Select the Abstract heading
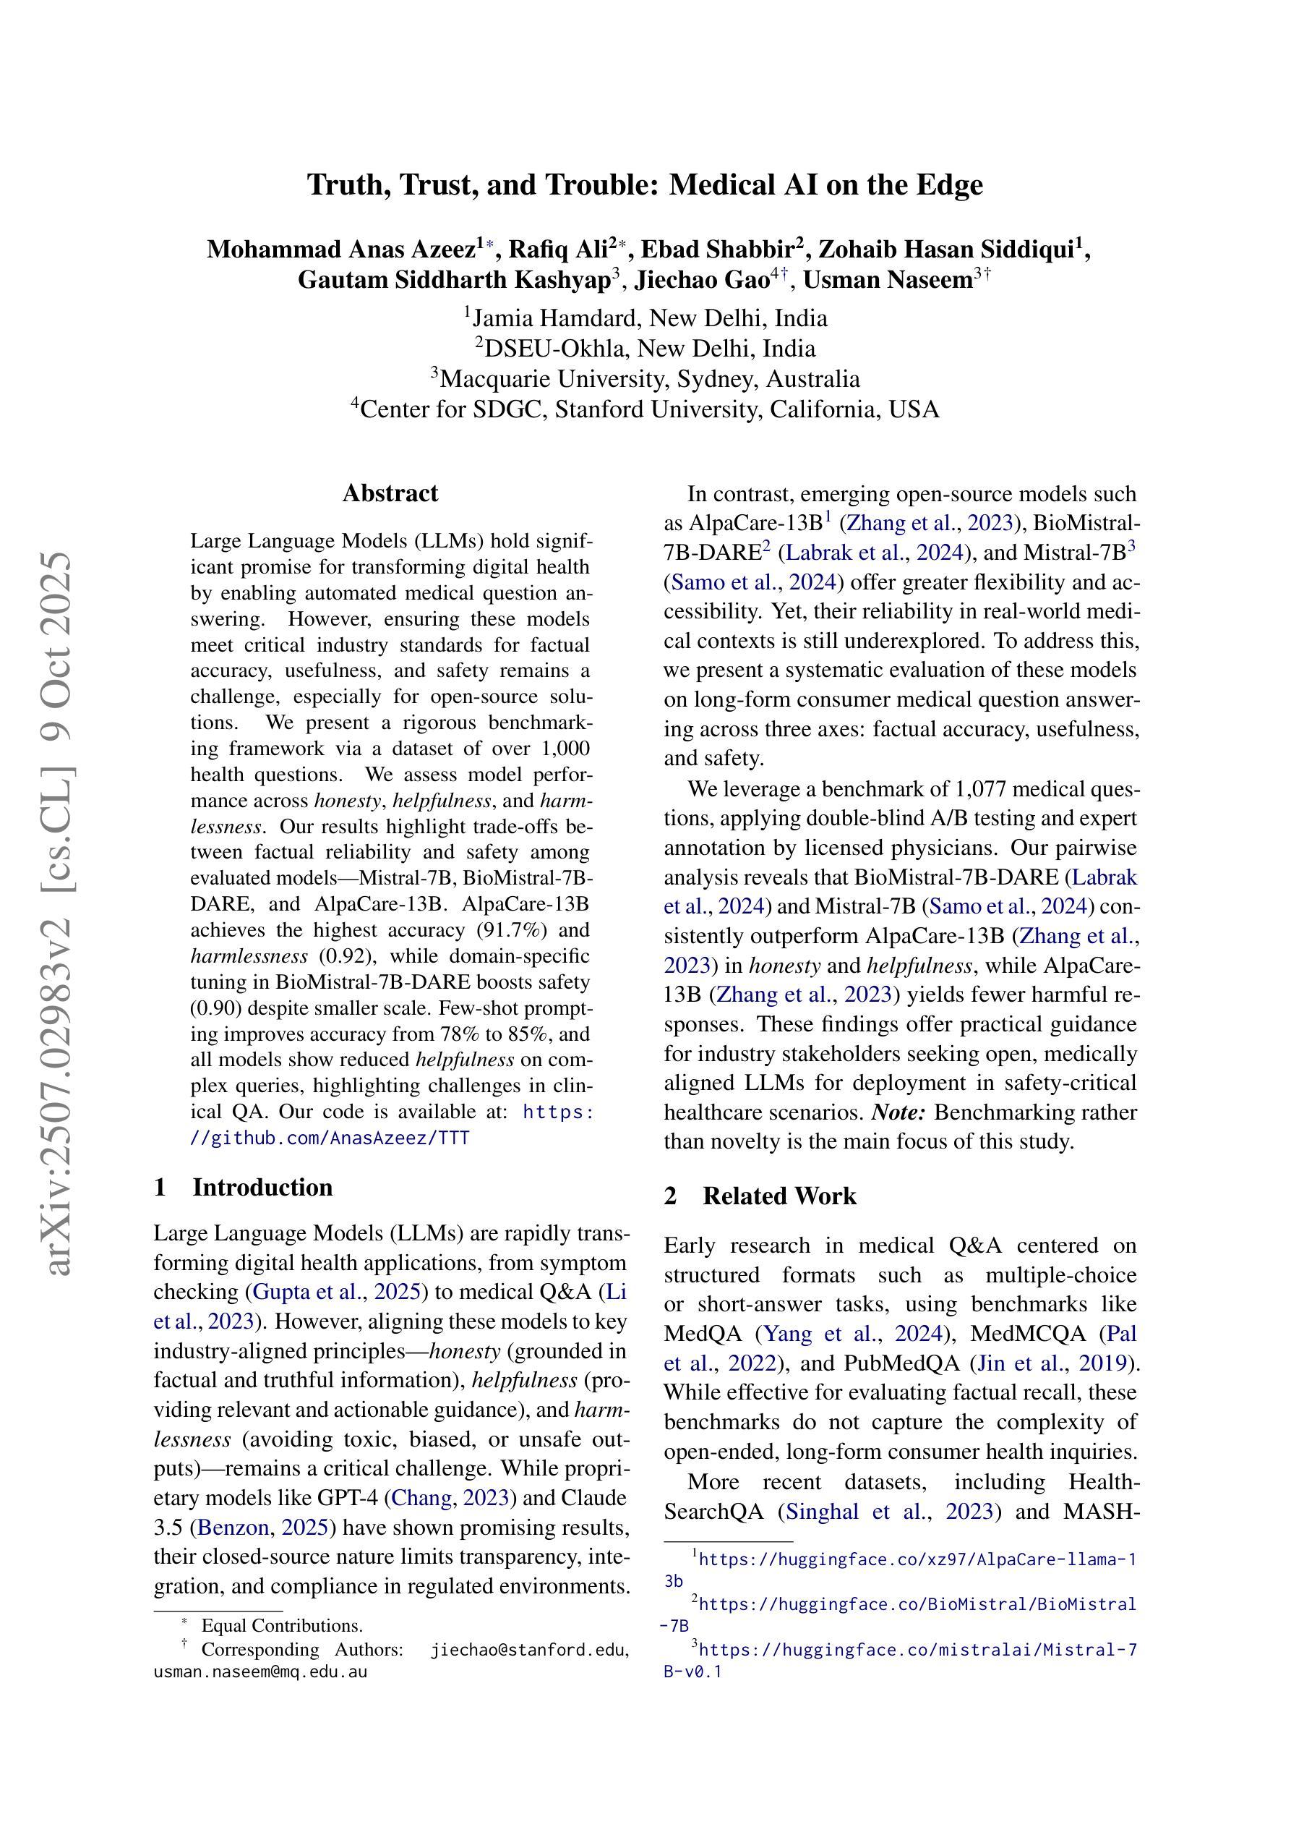click(x=390, y=493)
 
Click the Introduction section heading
click(x=262, y=1187)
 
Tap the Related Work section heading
click(x=779, y=1196)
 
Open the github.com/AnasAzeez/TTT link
click(x=330, y=1138)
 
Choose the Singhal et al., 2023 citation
click(x=889, y=1511)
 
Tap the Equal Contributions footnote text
click(x=282, y=1626)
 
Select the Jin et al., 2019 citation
click(x=1053, y=1363)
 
